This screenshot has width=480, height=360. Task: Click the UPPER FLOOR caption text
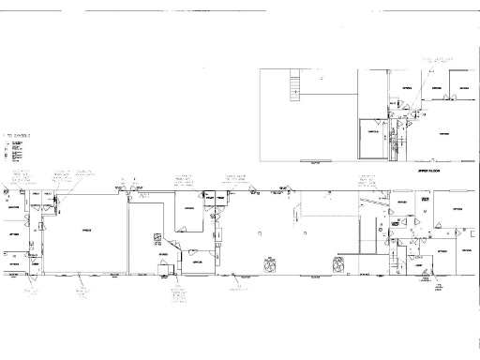pyautogui.click(x=427, y=172)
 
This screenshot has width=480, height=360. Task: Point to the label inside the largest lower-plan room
pyautogui.click(x=86, y=231)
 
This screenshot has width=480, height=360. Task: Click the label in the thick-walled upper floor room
pyautogui.click(x=372, y=133)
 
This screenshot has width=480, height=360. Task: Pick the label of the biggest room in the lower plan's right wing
pyautogui.click(x=457, y=208)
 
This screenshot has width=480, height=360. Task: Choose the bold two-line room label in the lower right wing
pyautogui.click(x=426, y=202)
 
